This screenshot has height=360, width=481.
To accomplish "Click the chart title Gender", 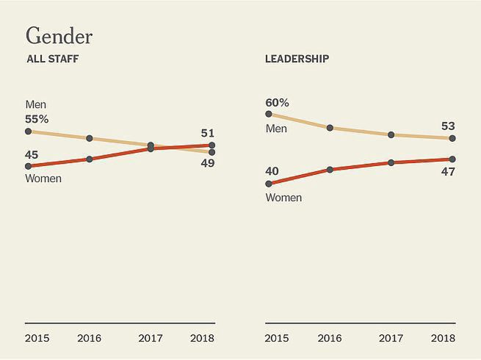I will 59,35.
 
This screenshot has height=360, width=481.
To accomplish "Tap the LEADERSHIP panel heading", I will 297,59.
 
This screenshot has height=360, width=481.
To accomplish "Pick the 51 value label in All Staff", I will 207,133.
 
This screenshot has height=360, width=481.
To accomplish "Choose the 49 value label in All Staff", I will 207,163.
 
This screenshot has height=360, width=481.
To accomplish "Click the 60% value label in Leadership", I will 278,101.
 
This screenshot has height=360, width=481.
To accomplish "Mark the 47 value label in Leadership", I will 447,172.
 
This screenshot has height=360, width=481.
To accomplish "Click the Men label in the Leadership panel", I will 276,129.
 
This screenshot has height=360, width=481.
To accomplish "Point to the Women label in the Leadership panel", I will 283,198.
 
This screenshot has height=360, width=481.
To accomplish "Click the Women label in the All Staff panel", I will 43,178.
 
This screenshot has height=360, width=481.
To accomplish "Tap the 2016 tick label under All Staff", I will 89,339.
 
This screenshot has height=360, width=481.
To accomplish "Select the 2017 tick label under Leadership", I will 390,339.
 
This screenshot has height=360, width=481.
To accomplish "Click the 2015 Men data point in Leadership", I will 269,114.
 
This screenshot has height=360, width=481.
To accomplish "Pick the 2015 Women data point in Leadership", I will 269,184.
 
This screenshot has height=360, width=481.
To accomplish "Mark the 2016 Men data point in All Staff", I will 89,138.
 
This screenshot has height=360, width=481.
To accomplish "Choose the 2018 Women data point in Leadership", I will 452,159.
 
